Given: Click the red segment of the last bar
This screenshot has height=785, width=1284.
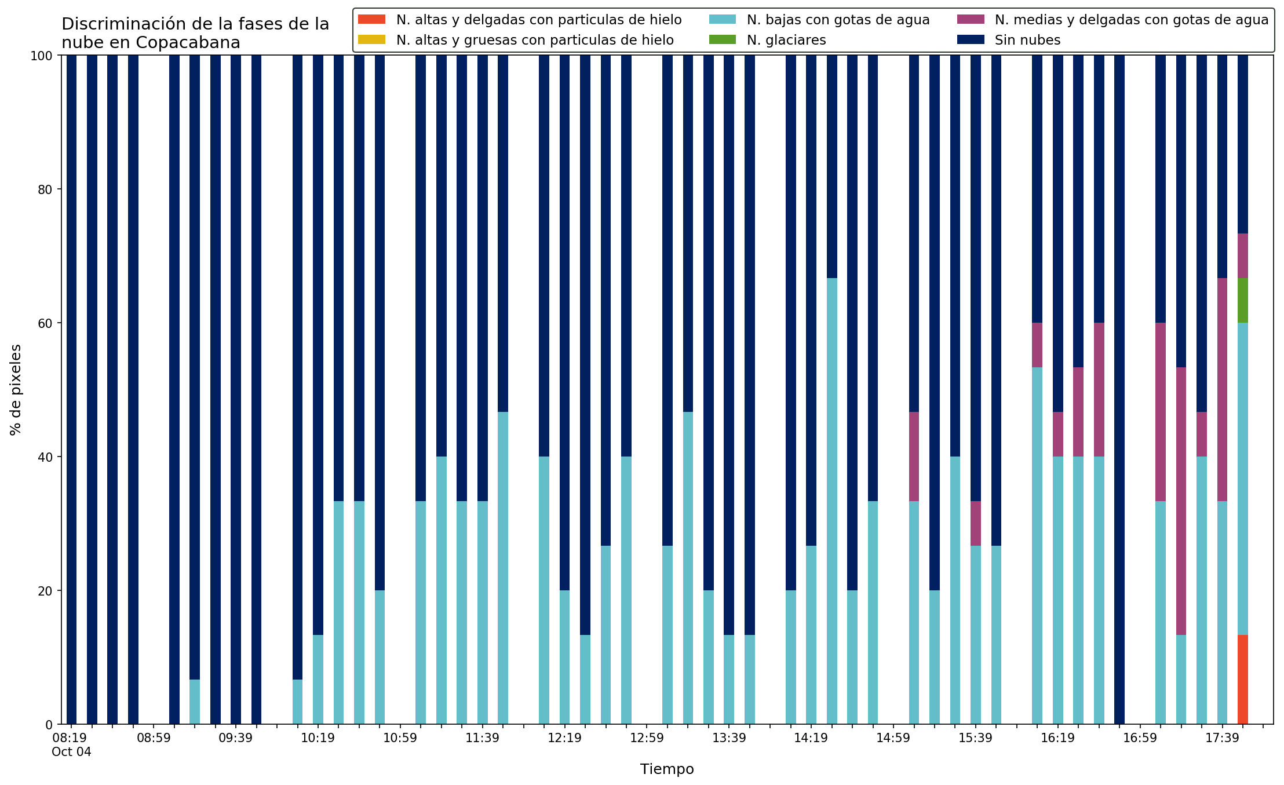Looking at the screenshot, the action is tap(1242, 680).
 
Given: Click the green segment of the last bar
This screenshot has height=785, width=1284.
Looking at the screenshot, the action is tap(1242, 300).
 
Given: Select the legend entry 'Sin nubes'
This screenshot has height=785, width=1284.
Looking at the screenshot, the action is tap(1027, 40).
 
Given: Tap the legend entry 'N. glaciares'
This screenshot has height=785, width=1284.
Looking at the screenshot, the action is tap(786, 40).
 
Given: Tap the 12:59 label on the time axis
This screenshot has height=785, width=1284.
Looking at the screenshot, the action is tap(647, 738).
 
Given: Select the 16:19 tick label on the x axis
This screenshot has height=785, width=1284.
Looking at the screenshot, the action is tap(1057, 738).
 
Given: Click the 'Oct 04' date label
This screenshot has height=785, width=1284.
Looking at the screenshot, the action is tap(71, 752).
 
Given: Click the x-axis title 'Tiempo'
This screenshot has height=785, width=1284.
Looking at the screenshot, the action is tap(667, 769).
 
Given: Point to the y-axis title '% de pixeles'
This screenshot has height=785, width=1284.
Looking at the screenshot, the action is tap(16, 390).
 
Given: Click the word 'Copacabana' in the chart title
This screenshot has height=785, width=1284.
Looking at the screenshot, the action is tap(188, 43).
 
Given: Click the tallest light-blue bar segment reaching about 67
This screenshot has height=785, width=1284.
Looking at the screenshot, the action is tap(831, 501).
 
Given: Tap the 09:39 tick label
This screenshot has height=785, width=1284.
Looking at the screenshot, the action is tap(235, 738).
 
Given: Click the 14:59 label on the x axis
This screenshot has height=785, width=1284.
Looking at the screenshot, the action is tap(893, 738).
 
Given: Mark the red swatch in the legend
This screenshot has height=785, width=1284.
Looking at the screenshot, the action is tap(371, 20).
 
